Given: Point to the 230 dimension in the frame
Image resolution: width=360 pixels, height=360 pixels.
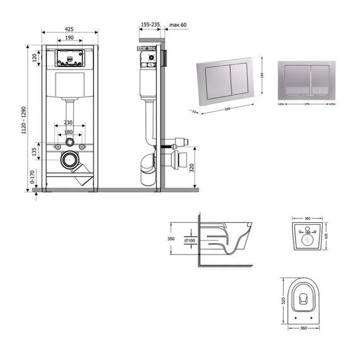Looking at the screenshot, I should coord(68,123).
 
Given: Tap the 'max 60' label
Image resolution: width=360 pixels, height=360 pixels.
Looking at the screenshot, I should coord(179,25).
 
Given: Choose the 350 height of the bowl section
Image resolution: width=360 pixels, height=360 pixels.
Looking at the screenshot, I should coord(171,239).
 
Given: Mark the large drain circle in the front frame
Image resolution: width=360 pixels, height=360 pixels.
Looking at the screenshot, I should coord(69,160).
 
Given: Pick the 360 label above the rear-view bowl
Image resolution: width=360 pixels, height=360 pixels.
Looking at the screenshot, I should coord(307,219).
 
